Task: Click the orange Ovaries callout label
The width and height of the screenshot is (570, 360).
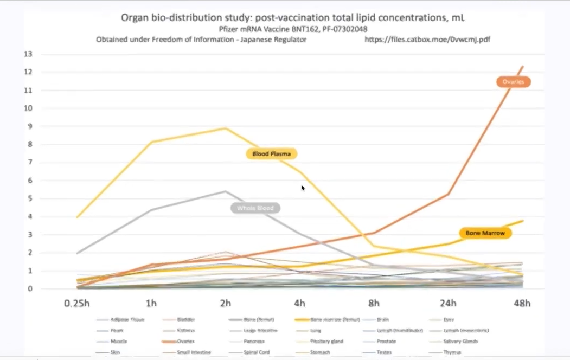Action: coord(513,82)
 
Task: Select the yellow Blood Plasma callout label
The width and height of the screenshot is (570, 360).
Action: coord(272,154)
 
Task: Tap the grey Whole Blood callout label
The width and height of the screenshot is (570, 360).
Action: coord(255,208)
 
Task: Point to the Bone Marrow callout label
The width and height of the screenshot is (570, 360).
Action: coord(485,233)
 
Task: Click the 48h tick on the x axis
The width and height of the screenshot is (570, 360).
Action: coord(522,303)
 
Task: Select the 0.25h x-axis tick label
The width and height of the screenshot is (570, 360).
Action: coord(77,303)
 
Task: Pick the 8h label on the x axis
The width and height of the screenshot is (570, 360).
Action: coord(374,303)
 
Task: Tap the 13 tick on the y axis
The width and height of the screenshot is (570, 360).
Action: coord(28,54)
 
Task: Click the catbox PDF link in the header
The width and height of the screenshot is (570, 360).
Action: coord(427,40)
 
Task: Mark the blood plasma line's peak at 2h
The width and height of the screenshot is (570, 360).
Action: coord(226,128)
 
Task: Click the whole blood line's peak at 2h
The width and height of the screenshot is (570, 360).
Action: coord(226,191)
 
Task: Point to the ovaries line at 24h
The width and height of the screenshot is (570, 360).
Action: coord(448,194)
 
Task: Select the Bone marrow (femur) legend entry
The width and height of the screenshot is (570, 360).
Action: coord(320,320)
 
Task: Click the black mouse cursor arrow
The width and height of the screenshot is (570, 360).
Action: coord(303,188)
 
